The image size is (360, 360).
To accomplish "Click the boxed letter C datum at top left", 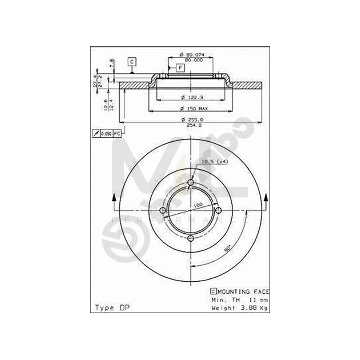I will [132, 61].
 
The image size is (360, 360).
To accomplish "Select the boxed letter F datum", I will [180, 68].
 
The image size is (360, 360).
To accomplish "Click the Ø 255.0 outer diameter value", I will [192, 119].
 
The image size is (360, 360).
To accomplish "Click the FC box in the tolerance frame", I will [117, 133].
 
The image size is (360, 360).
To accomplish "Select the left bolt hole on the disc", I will [163, 210].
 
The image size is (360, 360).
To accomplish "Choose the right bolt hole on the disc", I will [218, 210].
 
